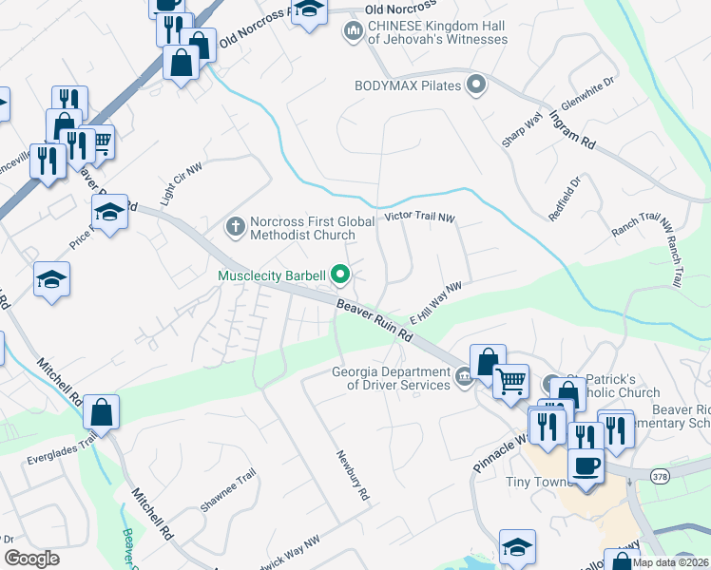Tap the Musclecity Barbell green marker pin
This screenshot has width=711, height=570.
point(339,276)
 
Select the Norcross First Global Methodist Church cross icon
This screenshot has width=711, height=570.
point(235,227)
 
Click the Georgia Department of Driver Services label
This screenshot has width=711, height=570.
point(391,378)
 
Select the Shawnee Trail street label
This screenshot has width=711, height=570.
point(227,490)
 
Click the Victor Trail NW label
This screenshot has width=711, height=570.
point(419,218)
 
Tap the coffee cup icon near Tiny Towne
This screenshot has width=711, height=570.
point(585,466)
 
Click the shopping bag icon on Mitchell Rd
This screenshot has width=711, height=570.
point(101,413)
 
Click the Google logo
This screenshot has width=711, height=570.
point(31,559)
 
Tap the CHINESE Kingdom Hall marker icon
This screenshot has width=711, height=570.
point(353,33)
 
